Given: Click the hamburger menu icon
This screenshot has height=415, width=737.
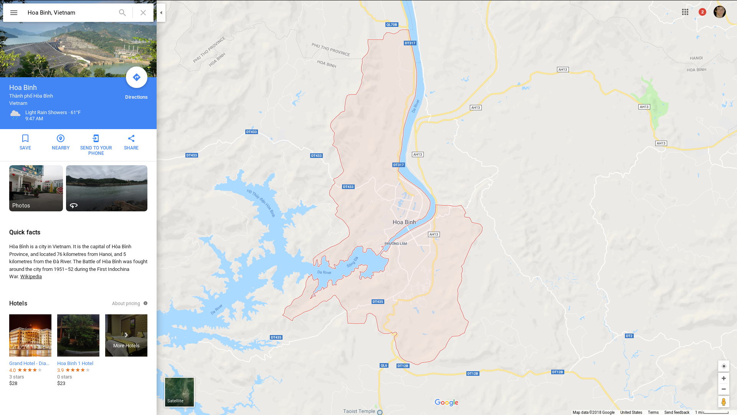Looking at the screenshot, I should (14, 13).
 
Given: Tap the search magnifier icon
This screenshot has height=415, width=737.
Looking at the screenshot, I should (122, 13).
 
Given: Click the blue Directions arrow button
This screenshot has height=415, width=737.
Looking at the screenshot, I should (137, 77).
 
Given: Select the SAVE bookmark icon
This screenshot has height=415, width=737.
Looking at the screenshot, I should (25, 138).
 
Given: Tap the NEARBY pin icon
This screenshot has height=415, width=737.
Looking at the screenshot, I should (61, 138).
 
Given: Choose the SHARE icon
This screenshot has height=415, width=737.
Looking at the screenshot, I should (131, 138).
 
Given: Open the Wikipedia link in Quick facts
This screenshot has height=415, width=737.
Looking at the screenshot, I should (31, 277).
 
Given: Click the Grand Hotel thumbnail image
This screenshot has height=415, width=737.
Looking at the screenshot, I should (30, 335).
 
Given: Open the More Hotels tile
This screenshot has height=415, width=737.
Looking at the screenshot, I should (126, 335).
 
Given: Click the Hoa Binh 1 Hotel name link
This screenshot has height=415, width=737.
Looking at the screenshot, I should (75, 363).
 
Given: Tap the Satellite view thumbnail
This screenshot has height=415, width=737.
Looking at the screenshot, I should (179, 392).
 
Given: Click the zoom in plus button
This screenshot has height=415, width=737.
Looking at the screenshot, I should (724, 378).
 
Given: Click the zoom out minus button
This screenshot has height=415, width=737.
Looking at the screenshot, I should (724, 389).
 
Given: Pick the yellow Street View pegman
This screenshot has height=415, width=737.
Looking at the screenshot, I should (724, 402).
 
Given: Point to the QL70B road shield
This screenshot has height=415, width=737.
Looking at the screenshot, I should (392, 25).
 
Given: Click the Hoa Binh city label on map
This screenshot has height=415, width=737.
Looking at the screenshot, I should (404, 222).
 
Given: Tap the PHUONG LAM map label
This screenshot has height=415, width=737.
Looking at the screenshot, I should (396, 244).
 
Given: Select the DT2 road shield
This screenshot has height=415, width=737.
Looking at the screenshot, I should (629, 336).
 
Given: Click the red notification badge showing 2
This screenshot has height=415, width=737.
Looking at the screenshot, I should (702, 12).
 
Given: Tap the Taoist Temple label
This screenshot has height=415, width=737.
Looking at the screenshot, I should (359, 411).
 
